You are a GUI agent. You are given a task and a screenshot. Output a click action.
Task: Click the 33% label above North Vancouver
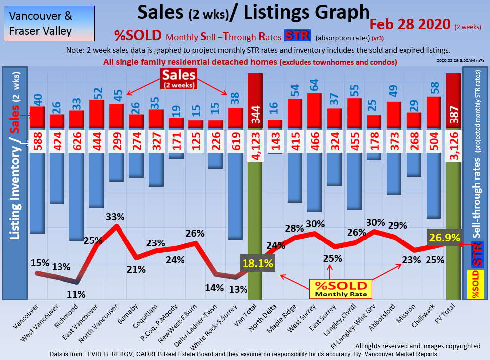pyautogui.click(x=115, y=217)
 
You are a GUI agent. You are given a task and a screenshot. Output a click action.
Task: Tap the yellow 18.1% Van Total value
pyautogui.click(x=257, y=264)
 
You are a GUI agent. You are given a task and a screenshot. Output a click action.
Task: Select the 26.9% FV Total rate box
pyautogui.click(x=444, y=238)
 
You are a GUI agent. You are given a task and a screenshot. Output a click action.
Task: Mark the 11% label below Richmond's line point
pyautogui.click(x=76, y=294)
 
